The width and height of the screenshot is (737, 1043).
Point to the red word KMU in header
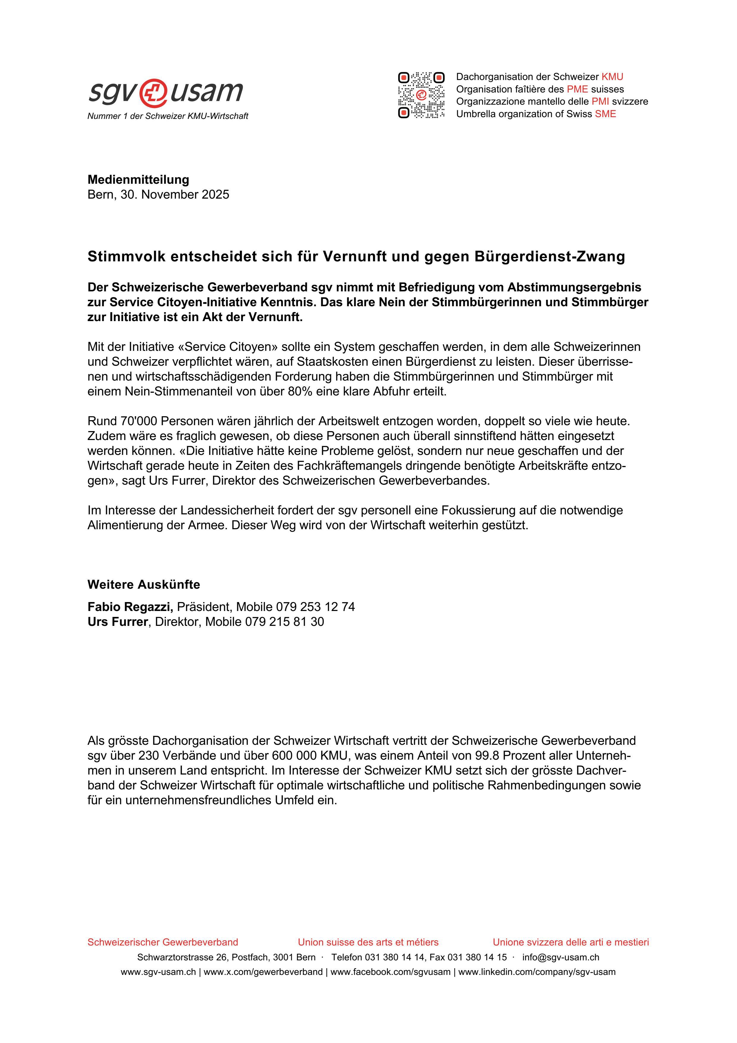pos(612,77)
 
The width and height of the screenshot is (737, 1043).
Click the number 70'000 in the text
pos(139,421)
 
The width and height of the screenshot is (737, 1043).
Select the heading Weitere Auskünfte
pos(144,584)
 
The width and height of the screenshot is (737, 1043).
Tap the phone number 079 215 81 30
pos(285,622)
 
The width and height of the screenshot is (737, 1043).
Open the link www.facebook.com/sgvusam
pos(391,973)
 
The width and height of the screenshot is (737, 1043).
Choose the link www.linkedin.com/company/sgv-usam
pos(537,973)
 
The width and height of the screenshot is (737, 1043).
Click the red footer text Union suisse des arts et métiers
pos(368,942)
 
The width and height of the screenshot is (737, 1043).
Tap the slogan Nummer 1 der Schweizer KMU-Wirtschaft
pos(168,116)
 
